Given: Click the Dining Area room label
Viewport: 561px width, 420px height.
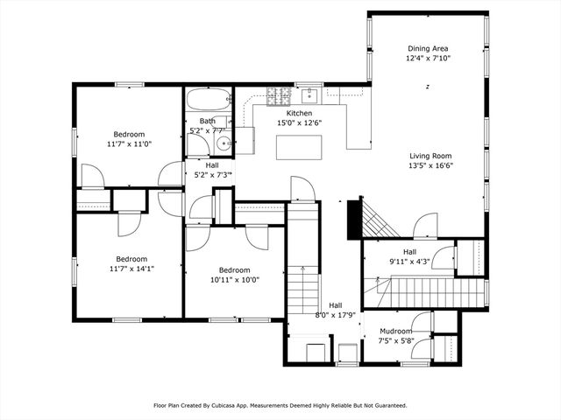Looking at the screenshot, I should click(427, 48).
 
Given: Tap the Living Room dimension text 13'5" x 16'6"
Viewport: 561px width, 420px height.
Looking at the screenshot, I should click(430, 165).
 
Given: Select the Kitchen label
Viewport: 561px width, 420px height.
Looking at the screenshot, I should click(300, 114).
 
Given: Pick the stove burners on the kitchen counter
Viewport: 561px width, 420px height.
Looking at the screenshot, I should click(278, 94).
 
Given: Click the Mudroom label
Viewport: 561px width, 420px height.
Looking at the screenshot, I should click(395, 331).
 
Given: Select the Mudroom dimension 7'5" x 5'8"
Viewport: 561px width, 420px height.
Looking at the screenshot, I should click(395, 340).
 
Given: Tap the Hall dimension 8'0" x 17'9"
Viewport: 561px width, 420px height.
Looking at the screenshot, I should click(336, 314).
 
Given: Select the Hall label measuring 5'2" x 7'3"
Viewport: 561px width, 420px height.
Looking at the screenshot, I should click(212, 165).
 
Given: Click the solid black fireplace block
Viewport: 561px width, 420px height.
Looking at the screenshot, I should click(354, 219).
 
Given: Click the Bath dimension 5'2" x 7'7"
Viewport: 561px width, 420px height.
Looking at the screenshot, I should click(208, 131).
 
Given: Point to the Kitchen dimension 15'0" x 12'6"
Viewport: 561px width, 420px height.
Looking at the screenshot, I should click(300, 123).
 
